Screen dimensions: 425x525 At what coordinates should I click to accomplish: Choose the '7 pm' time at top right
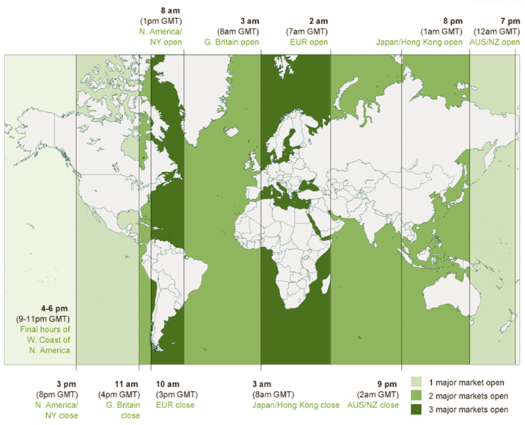tap(510, 22)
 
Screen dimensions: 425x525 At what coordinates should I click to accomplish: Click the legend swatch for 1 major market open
tap(416, 382)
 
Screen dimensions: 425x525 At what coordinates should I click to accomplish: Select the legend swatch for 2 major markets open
tap(416, 396)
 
